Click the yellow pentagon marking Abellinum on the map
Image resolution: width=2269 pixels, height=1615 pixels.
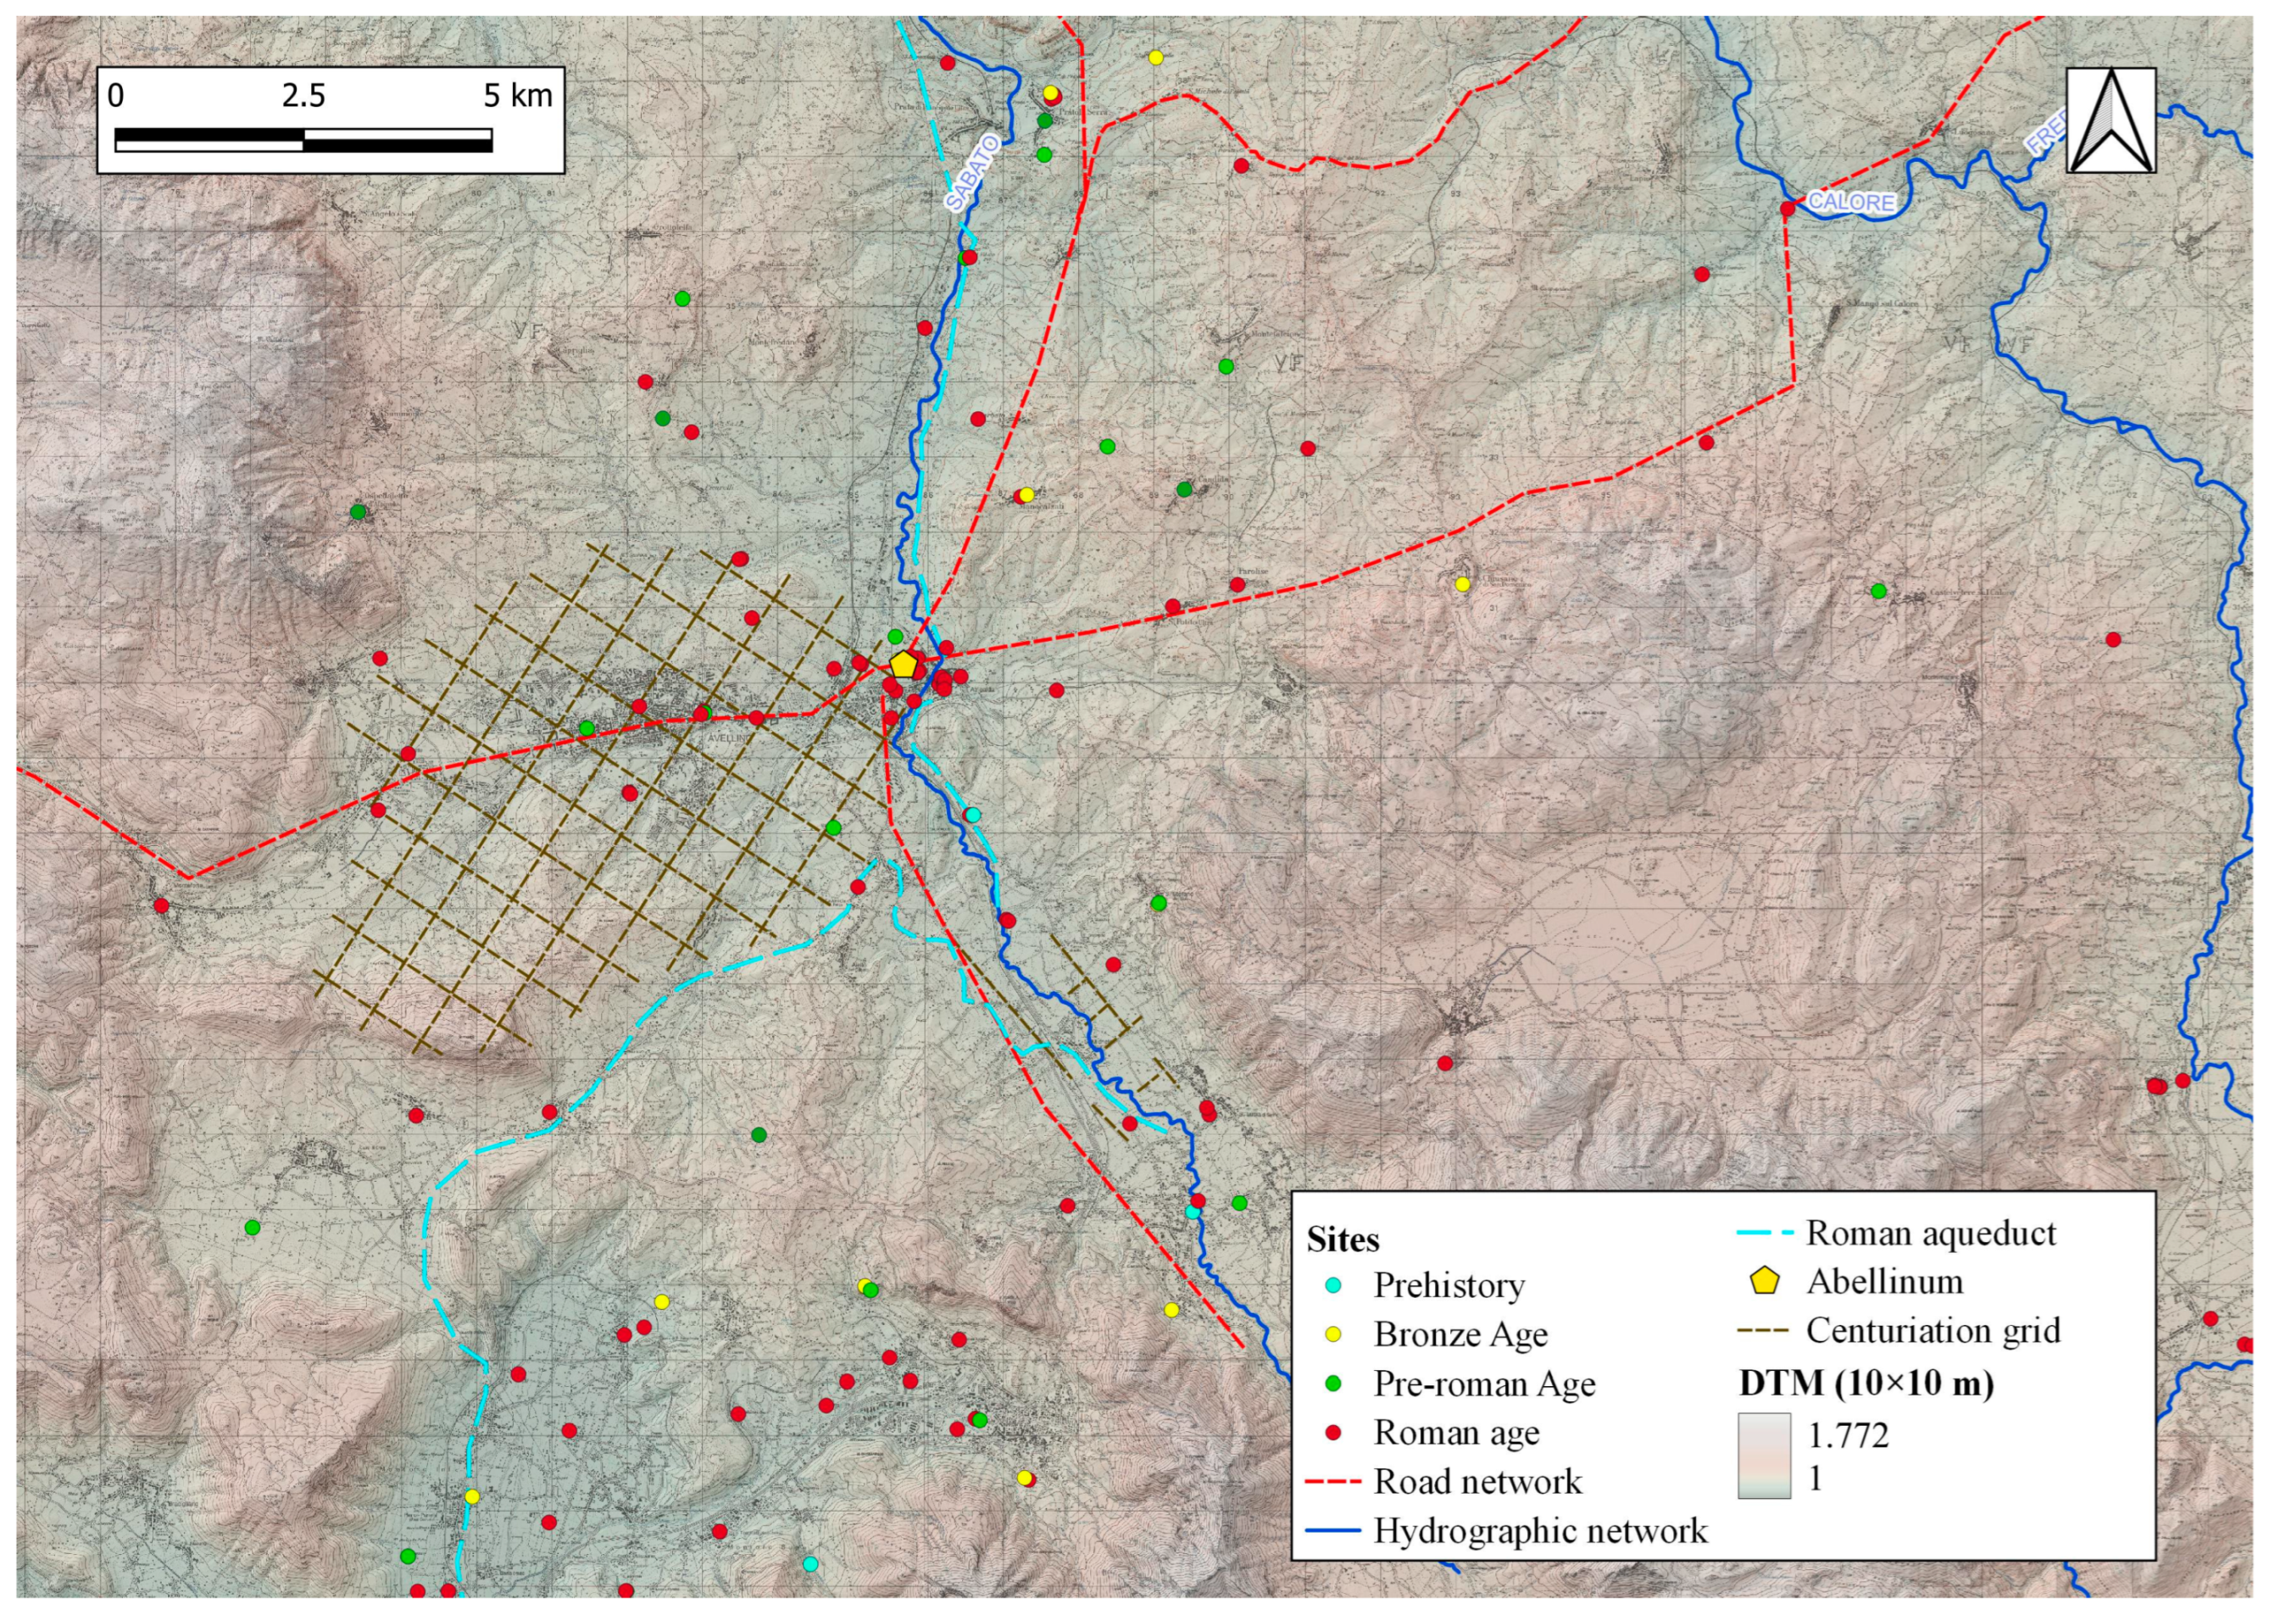coord(902,665)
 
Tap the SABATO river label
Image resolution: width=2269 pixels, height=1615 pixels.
coord(970,174)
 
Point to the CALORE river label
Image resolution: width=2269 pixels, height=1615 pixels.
coord(1850,202)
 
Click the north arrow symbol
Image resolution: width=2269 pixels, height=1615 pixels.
coord(2110,120)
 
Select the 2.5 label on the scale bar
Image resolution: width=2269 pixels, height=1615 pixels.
coord(303,96)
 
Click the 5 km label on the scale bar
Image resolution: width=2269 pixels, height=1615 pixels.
coord(517,96)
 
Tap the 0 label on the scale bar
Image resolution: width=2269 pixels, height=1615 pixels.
coord(116,96)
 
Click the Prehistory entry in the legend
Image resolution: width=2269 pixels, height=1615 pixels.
coord(1448,1285)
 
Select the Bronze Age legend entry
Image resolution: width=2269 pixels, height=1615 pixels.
coord(1460,1334)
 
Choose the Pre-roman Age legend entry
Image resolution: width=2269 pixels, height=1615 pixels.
coord(1483,1384)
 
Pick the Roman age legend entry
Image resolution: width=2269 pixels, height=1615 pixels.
coord(1455,1433)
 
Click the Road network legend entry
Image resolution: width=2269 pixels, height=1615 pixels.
coord(1477,1482)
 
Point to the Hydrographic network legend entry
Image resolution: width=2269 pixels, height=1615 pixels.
coord(1539,1530)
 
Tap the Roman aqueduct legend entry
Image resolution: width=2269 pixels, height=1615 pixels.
coord(1930,1234)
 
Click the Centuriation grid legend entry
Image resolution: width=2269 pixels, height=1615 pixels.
coord(1932,1331)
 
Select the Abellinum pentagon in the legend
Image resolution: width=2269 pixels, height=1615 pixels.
coord(1763,1281)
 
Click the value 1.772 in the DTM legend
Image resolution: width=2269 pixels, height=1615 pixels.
coord(1848,1435)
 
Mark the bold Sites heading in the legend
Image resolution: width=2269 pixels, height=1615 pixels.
coord(1343,1240)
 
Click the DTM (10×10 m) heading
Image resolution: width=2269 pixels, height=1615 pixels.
coord(1866,1384)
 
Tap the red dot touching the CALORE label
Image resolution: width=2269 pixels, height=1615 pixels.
coord(1787,209)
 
